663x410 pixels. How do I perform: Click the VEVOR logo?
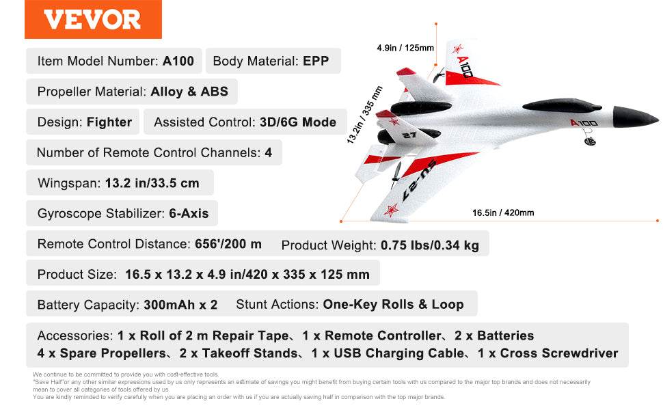click(92, 19)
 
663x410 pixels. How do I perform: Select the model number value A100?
click(178, 61)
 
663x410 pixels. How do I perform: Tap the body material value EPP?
click(316, 61)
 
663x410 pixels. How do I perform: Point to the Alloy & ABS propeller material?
click(189, 92)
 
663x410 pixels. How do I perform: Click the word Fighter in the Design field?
click(109, 122)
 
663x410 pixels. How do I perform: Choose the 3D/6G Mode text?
click(298, 122)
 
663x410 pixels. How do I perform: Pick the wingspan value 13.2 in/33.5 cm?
click(152, 183)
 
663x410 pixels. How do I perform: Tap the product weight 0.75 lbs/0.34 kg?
click(430, 245)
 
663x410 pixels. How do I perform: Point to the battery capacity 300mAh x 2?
click(180, 305)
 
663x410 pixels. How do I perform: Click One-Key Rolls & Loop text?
click(393, 304)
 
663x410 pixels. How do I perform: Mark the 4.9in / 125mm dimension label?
click(405, 48)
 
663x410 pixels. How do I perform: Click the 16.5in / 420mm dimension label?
click(503, 213)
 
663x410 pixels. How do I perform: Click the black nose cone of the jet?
click(635, 116)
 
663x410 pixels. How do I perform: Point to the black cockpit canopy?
click(562, 106)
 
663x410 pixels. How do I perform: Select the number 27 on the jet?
click(409, 135)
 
